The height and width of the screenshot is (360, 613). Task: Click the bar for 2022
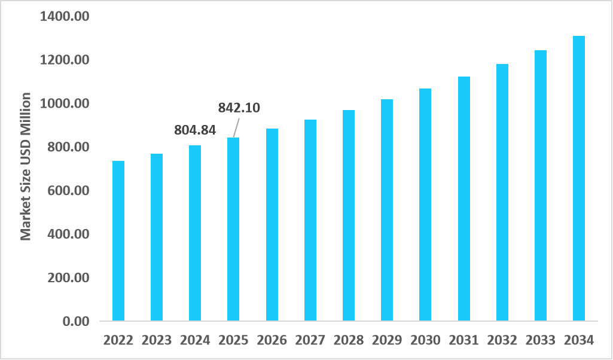(118, 241)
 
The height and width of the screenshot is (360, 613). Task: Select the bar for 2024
(195, 233)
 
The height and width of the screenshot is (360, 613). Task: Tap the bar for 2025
(233, 230)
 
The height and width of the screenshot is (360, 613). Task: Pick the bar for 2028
(349, 215)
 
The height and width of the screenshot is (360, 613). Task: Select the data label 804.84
(195, 130)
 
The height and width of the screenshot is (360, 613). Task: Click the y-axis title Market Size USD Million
(26, 166)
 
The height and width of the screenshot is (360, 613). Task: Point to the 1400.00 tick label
(64, 16)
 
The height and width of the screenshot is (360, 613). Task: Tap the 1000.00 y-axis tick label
(64, 103)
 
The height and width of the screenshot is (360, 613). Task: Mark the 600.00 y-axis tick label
(68, 191)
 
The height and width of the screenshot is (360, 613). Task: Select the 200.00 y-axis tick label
(68, 278)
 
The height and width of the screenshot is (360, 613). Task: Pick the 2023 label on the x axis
(157, 340)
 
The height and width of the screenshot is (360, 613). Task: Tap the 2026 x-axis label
(272, 340)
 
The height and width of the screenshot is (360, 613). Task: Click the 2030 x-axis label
(425, 340)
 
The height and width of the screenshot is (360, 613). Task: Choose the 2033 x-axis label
(541, 340)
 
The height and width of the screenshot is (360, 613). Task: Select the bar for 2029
(387, 210)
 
